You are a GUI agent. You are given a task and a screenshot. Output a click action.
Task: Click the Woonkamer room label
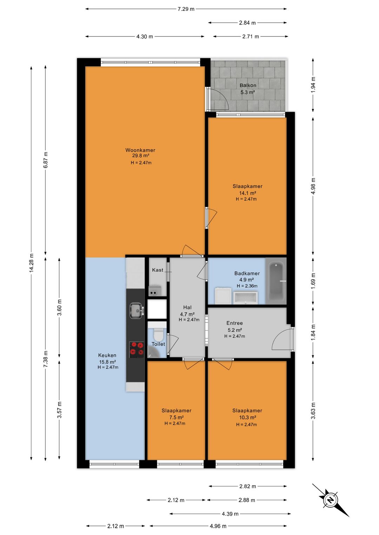(140, 150)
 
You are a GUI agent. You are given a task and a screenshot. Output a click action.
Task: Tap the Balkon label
(248, 85)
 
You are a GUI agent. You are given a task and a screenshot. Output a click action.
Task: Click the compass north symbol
(331, 500)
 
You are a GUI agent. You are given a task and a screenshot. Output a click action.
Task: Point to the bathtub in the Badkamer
(276, 282)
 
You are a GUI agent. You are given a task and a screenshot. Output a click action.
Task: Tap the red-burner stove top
(137, 348)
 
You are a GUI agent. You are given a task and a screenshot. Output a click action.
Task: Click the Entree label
(234, 323)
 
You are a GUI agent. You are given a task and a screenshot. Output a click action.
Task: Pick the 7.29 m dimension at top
(186, 9)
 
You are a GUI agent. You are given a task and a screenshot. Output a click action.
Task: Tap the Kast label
(158, 270)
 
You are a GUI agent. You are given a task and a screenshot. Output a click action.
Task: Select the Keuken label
(107, 355)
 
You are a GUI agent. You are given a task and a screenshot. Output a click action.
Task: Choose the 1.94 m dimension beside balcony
(313, 85)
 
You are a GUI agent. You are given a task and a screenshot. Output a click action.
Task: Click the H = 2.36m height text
(247, 286)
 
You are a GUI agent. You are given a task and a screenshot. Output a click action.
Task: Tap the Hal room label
(187, 307)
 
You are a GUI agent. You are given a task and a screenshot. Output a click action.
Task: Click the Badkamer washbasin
(246, 297)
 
